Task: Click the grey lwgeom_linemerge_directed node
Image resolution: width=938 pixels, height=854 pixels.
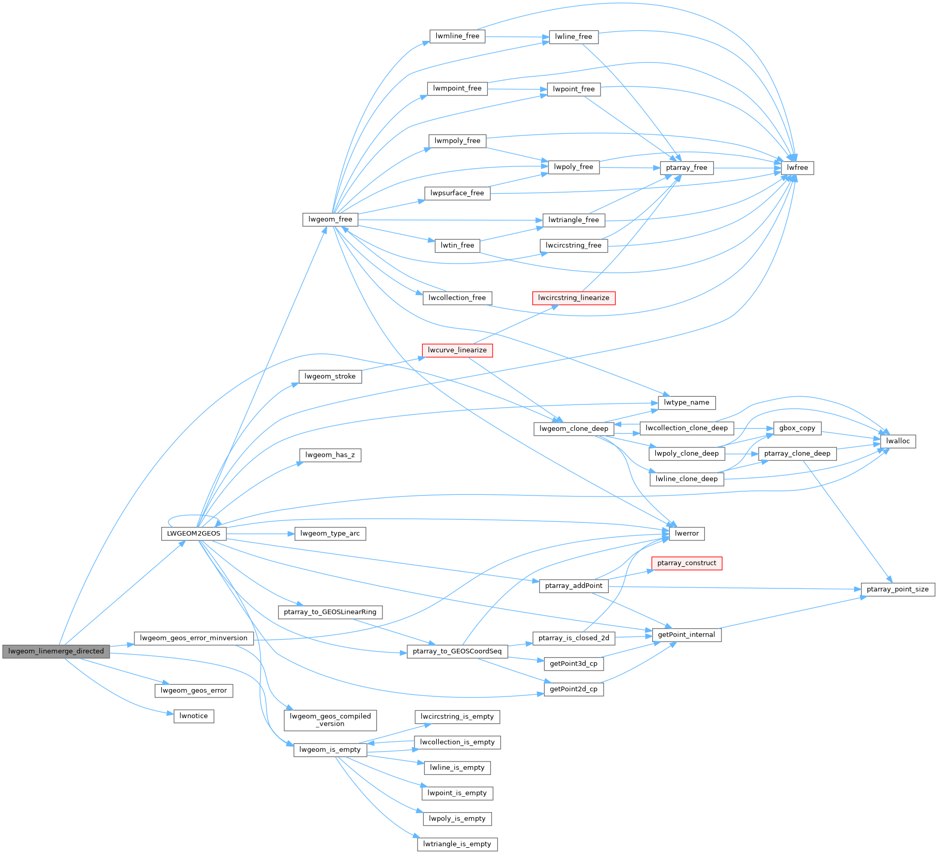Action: (x=56, y=651)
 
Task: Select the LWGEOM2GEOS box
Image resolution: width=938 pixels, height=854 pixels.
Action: (x=193, y=534)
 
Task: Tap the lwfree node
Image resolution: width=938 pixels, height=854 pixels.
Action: (x=797, y=168)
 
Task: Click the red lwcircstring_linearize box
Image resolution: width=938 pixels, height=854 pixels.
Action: (x=573, y=298)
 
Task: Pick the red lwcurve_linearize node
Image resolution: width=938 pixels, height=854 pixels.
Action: (x=457, y=350)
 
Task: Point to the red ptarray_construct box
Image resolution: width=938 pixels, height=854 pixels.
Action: (x=686, y=563)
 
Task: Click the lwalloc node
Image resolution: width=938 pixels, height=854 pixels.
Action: (x=898, y=441)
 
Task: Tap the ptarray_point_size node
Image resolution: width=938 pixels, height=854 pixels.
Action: (x=897, y=589)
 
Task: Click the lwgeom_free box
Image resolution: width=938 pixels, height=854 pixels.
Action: (x=330, y=220)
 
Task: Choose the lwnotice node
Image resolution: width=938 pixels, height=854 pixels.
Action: (x=193, y=716)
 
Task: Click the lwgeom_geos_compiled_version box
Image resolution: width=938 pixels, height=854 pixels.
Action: (x=330, y=720)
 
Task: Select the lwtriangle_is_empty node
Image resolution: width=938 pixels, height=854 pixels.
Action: (x=457, y=844)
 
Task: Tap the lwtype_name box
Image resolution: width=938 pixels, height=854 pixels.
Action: (x=686, y=403)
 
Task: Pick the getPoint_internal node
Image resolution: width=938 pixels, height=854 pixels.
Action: (x=686, y=635)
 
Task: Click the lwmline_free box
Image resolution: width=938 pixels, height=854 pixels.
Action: (x=457, y=36)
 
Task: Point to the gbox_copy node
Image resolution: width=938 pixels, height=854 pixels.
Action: (x=797, y=428)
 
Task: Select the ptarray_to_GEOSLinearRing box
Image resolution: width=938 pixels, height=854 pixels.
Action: (x=330, y=612)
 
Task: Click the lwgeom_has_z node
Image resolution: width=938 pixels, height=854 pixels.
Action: (x=330, y=455)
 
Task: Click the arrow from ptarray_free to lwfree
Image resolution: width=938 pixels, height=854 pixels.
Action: (x=747, y=168)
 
